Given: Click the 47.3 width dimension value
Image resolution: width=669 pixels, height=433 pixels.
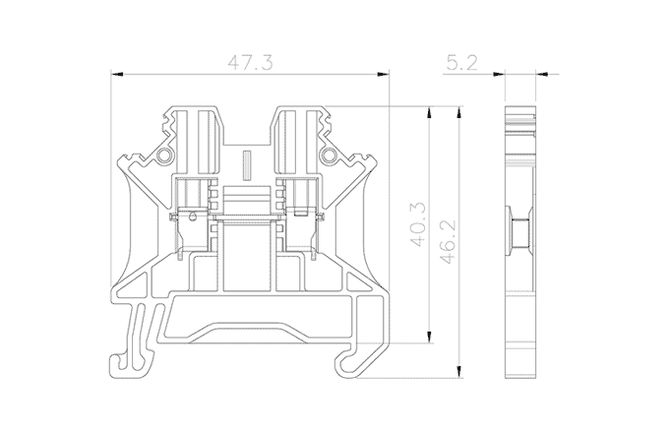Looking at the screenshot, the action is pyautogui.click(x=250, y=63).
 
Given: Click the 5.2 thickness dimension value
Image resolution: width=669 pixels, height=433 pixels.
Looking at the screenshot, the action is pyautogui.click(x=461, y=63).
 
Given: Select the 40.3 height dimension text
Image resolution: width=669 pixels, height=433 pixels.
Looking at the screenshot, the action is pyautogui.click(x=418, y=224).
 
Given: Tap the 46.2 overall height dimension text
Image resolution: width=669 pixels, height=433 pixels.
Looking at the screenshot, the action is pyautogui.click(x=448, y=241).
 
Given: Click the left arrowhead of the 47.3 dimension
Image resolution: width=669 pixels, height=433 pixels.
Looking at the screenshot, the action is pyautogui.click(x=117, y=74).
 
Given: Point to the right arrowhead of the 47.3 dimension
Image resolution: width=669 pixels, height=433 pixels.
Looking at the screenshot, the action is pyautogui.click(x=383, y=74).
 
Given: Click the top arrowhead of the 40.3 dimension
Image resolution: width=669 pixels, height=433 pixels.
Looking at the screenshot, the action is pyautogui.click(x=429, y=112).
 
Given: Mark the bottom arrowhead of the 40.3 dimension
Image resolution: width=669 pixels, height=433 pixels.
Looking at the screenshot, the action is pyautogui.click(x=429, y=337).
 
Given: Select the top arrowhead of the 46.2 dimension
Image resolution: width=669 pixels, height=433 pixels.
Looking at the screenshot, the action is pyautogui.click(x=459, y=112).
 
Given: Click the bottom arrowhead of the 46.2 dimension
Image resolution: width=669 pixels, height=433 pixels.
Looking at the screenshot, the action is pyautogui.click(x=459, y=371).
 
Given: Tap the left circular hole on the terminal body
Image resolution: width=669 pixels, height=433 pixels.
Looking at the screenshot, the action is pyautogui.click(x=164, y=155).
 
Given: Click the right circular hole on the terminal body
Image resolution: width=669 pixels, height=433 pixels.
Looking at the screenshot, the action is pyautogui.click(x=329, y=155).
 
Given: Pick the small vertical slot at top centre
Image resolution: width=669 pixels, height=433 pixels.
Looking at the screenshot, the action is pyautogui.click(x=246, y=165).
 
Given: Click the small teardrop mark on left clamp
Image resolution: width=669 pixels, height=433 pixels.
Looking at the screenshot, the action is pyautogui.click(x=193, y=216).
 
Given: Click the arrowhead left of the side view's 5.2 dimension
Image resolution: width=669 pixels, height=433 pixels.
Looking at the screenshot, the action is pyautogui.click(x=499, y=74).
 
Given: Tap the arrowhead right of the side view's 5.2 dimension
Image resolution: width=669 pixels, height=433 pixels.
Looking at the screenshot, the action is pyautogui.click(x=541, y=74).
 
